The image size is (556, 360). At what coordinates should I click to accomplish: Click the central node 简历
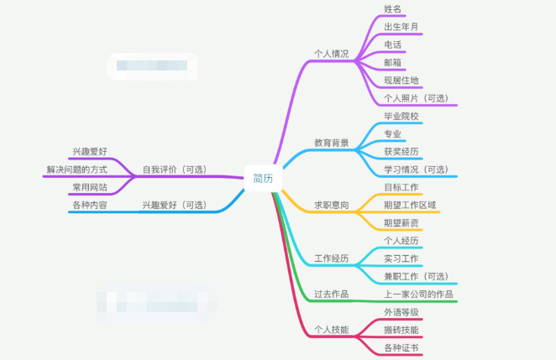pos(263,177)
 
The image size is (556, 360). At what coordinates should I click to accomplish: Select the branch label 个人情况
pos(331,54)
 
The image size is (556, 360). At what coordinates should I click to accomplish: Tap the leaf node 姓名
pos(392,9)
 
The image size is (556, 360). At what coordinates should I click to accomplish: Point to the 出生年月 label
pos(401,27)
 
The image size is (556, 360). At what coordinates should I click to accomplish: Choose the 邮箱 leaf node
pos(392,63)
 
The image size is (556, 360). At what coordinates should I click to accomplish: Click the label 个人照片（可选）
pos(416,98)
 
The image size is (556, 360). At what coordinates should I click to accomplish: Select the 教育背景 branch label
pos(331,143)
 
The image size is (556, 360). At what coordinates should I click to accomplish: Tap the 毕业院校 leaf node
pos(401,116)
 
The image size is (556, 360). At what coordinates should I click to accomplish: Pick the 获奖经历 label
pos(401,152)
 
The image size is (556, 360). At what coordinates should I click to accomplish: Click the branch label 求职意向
pos(331,205)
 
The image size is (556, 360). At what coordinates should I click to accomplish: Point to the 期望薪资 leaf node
pos(401,222)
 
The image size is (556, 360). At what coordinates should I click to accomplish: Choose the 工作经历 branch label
pos(331,258)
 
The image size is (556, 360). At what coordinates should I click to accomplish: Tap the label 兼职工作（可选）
pos(416,276)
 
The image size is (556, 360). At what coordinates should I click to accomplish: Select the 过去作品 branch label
pos(331,294)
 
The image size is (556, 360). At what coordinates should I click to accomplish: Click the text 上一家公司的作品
pos(418,294)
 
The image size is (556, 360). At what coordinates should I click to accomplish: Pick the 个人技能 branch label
pos(331,330)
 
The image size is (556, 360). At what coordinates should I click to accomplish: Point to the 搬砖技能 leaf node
pos(401,330)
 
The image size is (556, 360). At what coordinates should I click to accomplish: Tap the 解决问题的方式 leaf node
pos(76,170)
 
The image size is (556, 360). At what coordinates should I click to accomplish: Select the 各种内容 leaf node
pos(89,205)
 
